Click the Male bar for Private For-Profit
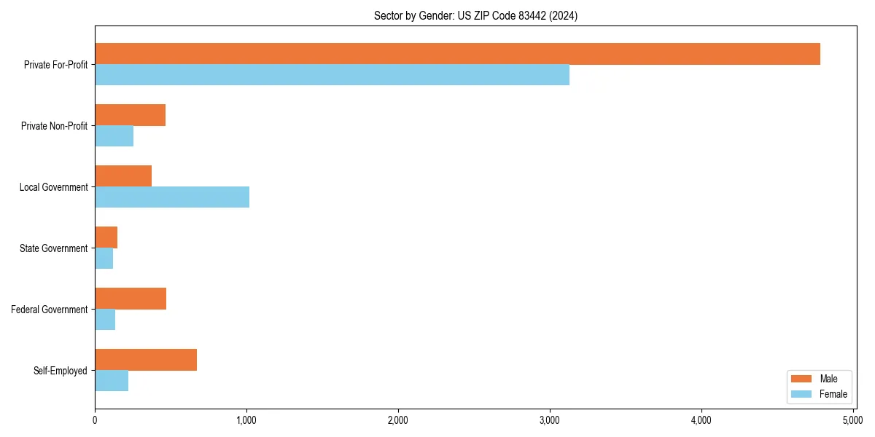[457, 54]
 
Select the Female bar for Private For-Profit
[332, 75]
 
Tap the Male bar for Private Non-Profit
[130, 115]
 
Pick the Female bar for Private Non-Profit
[114, 136]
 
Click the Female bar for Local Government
[172, 197]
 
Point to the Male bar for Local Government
[123, 176]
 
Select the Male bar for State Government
[106, 237]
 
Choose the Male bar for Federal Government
[131, 299]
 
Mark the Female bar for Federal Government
[105, 320]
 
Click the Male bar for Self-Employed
[146, 360]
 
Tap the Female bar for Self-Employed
[112, 381]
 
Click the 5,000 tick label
[852, 420]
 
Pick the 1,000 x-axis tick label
[246, 420]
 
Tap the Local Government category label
[53, 187]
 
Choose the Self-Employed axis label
[60, 371]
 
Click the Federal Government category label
[49, 310]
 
